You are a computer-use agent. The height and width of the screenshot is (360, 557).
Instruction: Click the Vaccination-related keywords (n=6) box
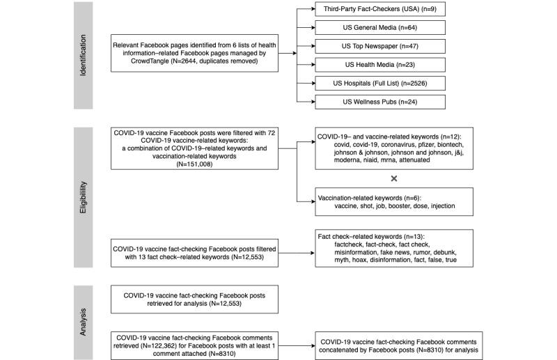[393, 202]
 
